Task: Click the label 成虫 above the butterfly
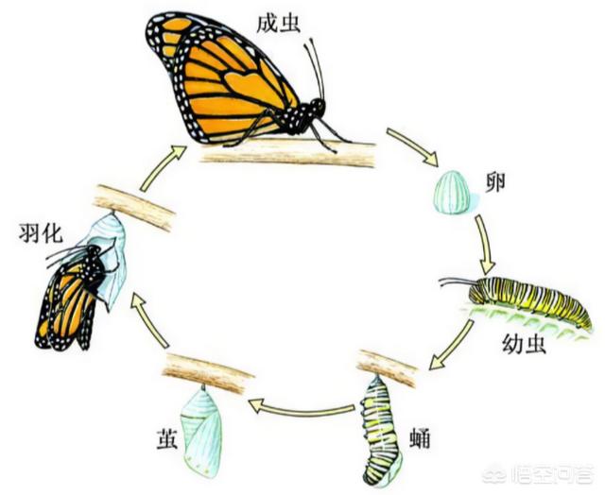click(279, 25)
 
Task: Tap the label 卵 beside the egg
click(495, 181)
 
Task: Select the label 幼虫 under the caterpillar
click(525, 344)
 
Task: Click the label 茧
click(166, 438)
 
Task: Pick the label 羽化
click(41, 232)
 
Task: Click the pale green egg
click(452, 192)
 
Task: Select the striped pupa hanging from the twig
click(380, 428)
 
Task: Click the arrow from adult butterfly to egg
click(413, 146)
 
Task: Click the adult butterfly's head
click(318, 105)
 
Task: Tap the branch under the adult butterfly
click(287, 153)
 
